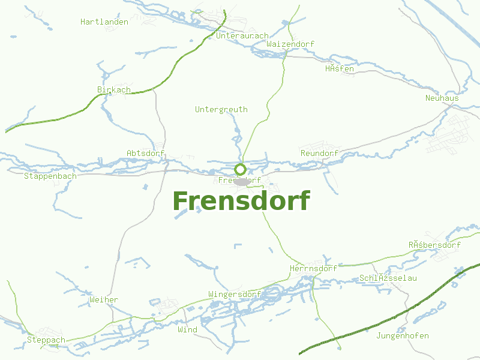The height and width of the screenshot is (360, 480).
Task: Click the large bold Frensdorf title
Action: click(241, 202)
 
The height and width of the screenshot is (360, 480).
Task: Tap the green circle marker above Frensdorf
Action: click(240, 169)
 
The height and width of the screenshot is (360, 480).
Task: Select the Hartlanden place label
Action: click(104, 22)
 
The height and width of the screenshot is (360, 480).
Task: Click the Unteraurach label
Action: click(242, 36)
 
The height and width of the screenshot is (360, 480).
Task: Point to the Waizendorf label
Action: click(290, 44)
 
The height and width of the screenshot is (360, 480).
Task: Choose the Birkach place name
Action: click(114, 90)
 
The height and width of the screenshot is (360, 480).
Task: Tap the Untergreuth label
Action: click(221, 110)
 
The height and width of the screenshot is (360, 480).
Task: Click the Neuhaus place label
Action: click(442, 98)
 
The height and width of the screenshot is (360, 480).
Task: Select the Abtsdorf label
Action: click(146, 154)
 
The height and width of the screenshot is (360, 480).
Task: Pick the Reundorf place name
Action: click(320, 154)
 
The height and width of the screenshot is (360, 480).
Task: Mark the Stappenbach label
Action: click(50, 176)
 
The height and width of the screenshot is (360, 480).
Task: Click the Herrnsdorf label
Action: click(313, 269)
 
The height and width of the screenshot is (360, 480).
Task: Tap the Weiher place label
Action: click(104, 300)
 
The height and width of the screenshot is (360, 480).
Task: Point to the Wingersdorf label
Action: click(234, 295)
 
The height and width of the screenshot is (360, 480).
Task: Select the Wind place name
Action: click(187, 330)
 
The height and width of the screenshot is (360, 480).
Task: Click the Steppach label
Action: click(46, 340)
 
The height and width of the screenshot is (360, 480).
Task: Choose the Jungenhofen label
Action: click(403, 336)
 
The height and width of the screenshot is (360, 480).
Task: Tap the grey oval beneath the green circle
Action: click(242, 181)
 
